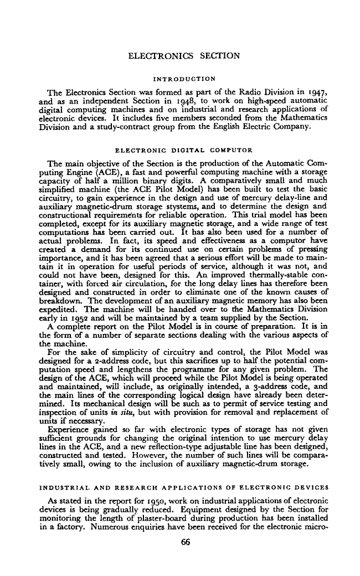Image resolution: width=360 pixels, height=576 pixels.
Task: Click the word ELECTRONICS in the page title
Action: coord(157,55)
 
